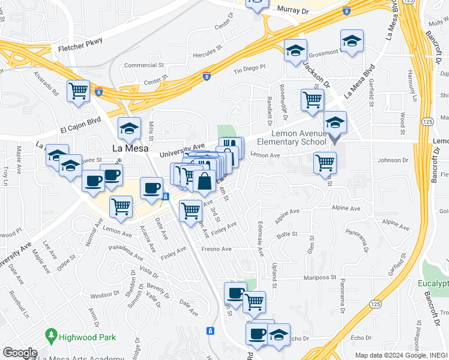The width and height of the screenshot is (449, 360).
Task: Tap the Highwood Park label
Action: tap(88, 337)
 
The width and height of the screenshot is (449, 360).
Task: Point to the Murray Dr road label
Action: tap(293, 10)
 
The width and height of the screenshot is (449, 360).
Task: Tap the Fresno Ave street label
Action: tap(216, 248)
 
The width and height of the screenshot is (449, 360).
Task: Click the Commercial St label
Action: tap(144, 65)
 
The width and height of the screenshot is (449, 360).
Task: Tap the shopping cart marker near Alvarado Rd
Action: tap(79, 91)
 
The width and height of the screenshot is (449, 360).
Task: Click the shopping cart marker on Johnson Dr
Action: tap(325, 162)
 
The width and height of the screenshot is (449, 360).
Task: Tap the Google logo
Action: tap(19, 353)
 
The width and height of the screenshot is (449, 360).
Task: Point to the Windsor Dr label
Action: tap(104, 295)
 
